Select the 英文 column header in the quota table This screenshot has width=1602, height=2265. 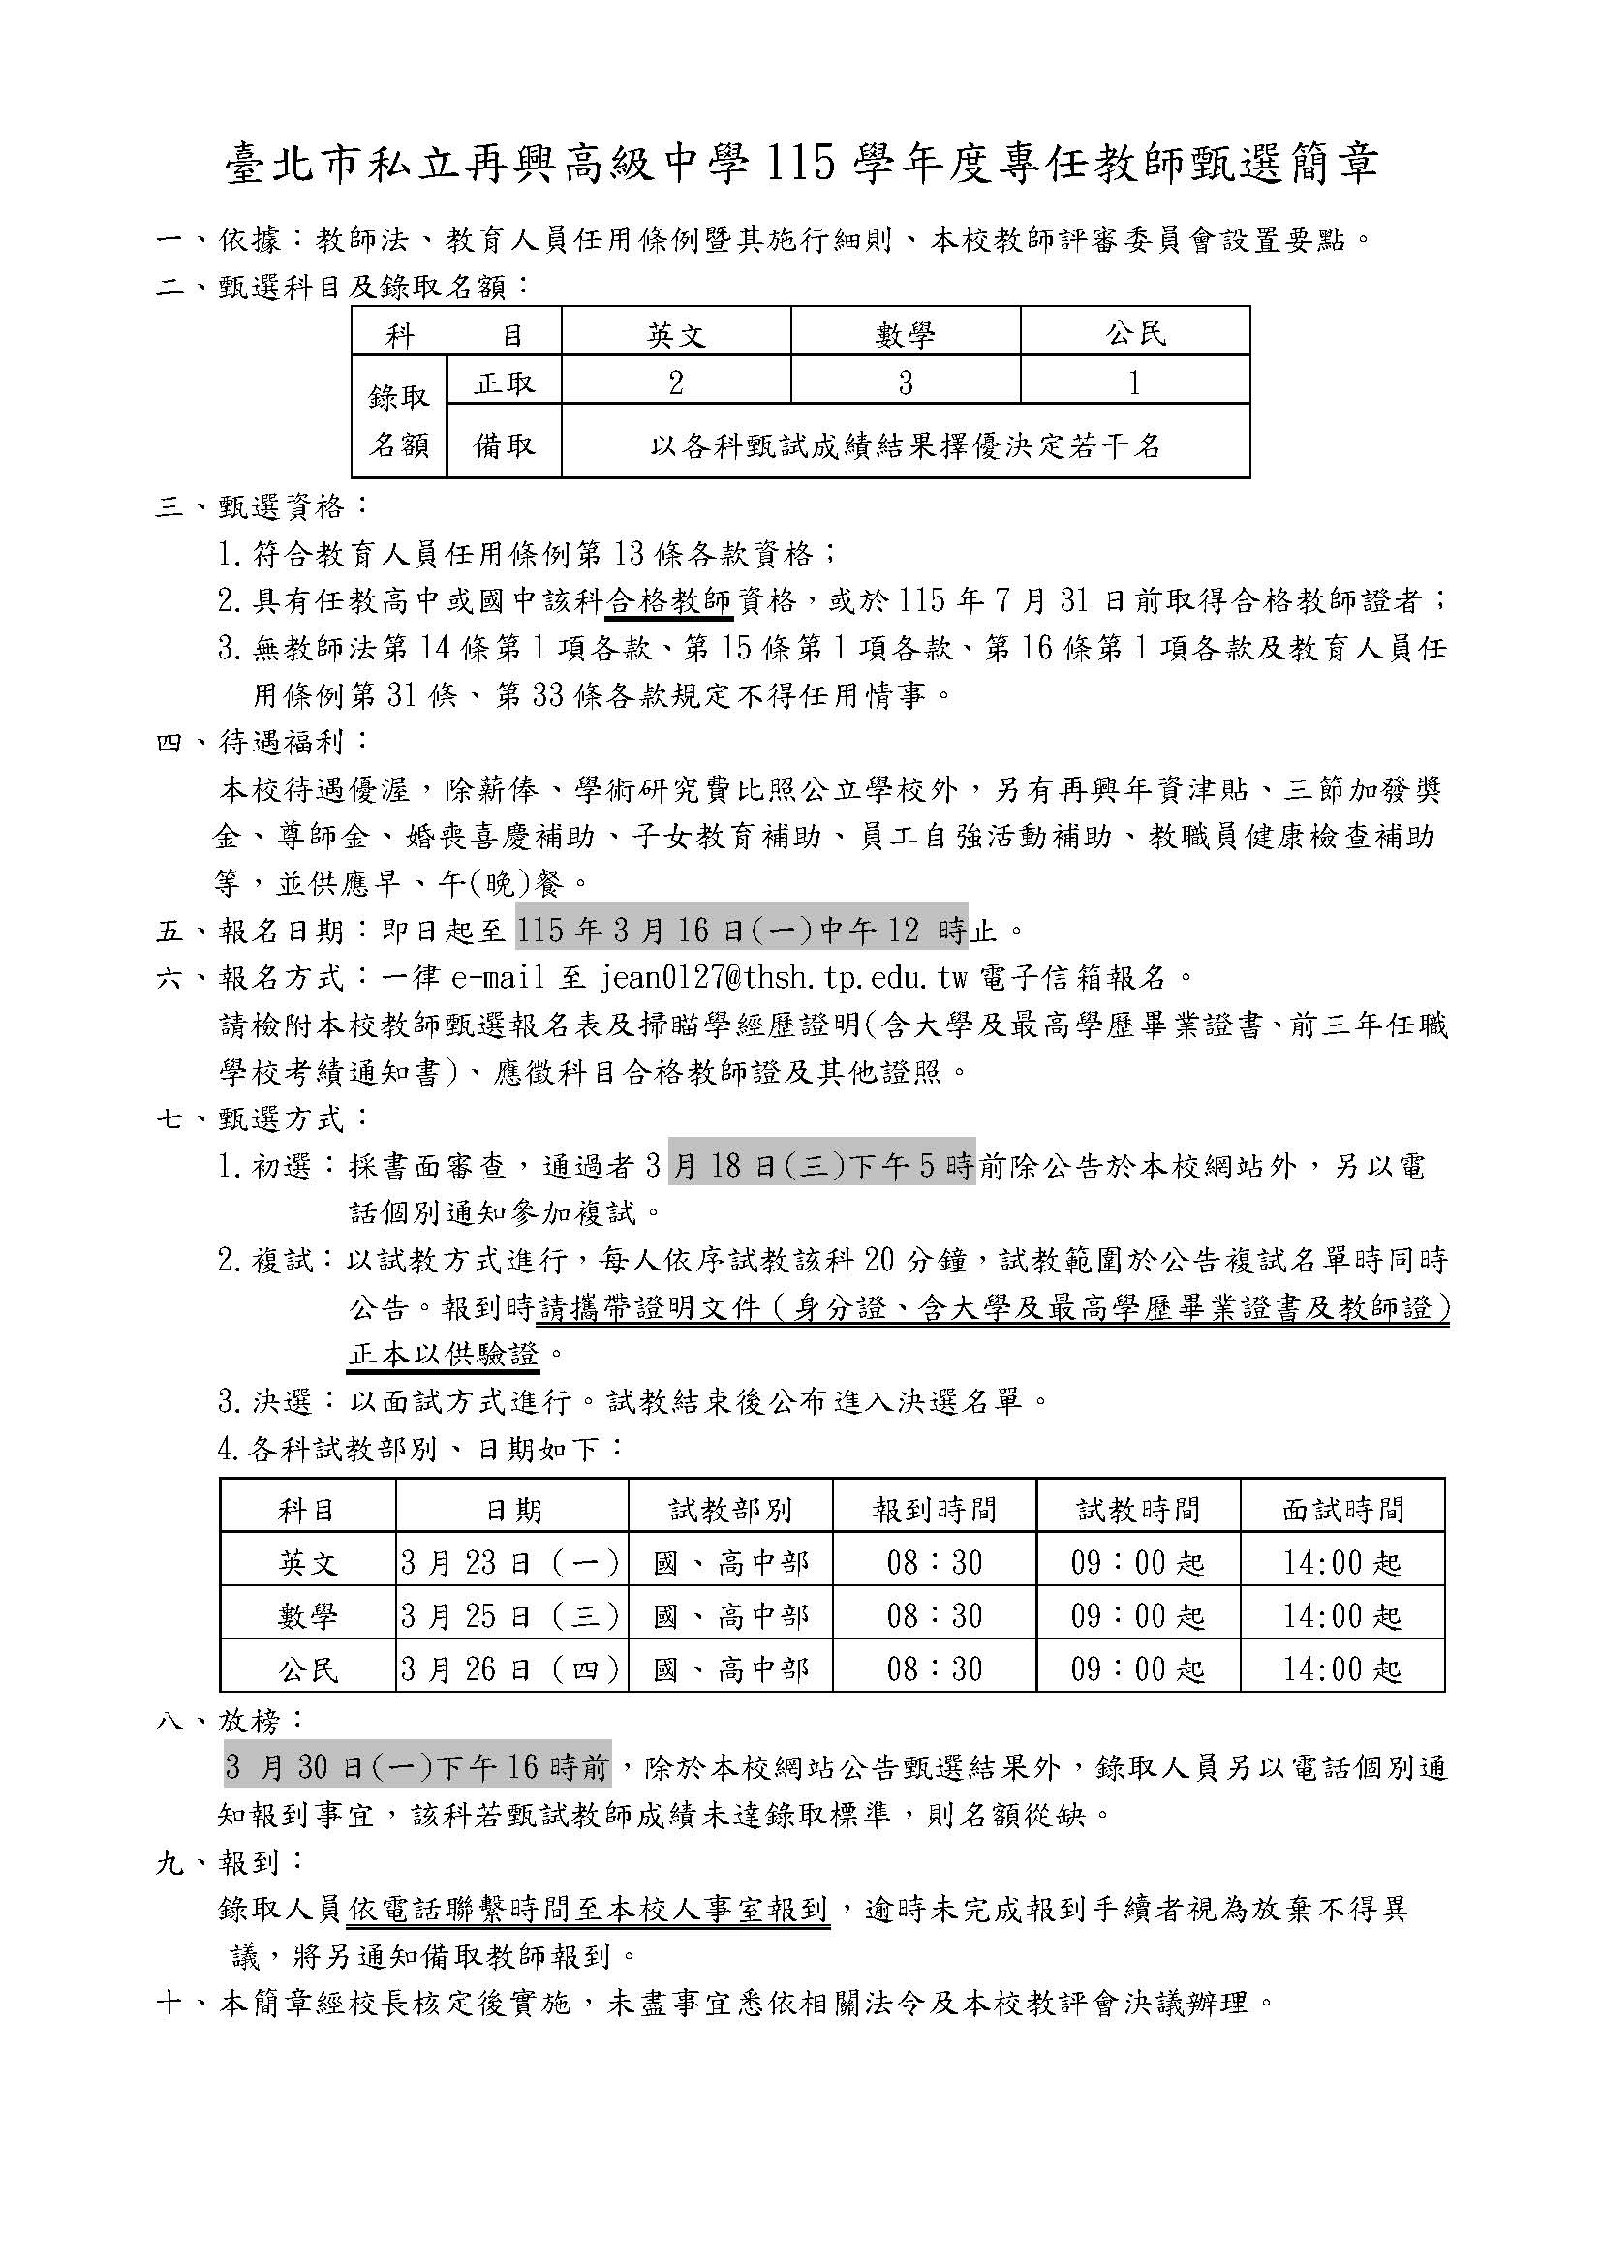(676, 335)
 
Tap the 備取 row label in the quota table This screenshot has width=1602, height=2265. (504, 444)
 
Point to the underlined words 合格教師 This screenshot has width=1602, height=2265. (669, 600)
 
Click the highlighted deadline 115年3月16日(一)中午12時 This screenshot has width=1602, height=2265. (742, 930)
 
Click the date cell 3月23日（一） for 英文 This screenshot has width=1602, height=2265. (511, 1563)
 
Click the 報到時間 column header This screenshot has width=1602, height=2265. (933, 1510)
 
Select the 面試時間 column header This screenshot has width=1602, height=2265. (1342, 1510)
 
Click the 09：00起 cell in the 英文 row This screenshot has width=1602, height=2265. (1137, 1563)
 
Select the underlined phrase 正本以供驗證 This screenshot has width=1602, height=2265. (444, 1356)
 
